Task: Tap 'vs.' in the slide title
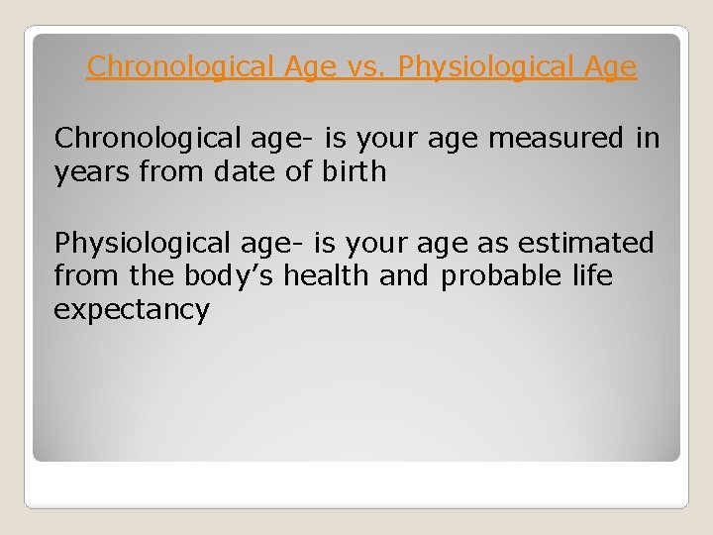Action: point(369,67)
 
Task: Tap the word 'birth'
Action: point(354,171)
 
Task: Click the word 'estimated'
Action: point(584,243)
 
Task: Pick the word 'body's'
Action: point(230,275)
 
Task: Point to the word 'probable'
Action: point(504,275)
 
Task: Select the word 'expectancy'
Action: point(132,310)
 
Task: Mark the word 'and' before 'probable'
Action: point(404,275)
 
